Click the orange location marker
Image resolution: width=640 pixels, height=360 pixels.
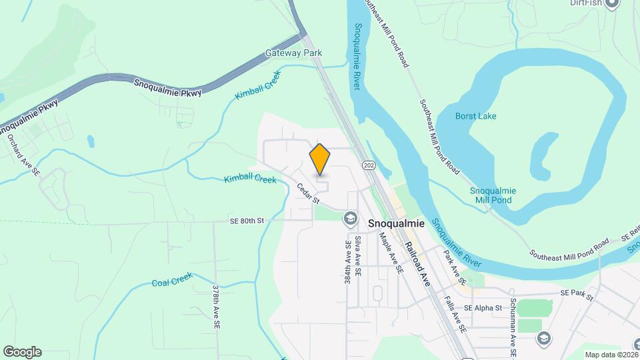click(x=320, y=159)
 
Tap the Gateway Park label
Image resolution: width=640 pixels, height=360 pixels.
click(x=293, y=53)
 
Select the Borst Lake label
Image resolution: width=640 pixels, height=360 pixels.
click(x=475, y=116)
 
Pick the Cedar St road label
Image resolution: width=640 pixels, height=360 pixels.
click(x=308, y=194)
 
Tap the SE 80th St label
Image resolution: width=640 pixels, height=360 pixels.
click(x=247, y=220)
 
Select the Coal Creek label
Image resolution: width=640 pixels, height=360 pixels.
click(x=172, y=279)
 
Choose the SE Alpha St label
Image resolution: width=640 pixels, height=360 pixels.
click(x=483, y=308)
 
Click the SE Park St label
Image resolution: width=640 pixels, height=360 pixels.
click(x=576, y=294)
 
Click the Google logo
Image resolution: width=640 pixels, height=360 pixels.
click(x=22, y=352)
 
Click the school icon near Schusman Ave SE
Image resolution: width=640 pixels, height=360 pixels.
click(x=544, y=339)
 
